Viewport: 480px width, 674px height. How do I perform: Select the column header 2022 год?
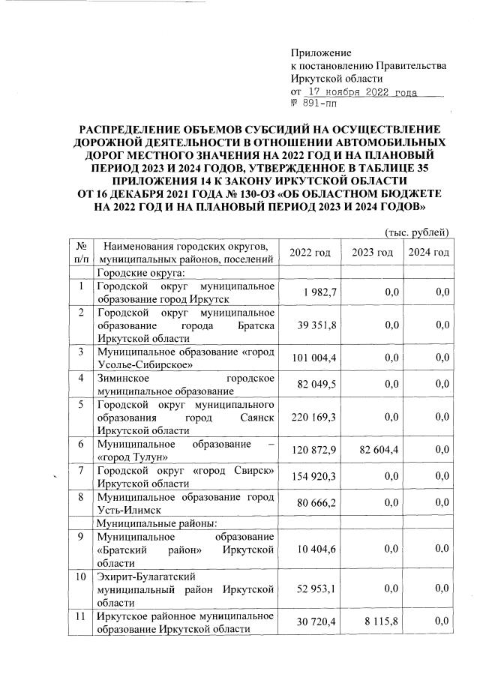click(x=310, y=253)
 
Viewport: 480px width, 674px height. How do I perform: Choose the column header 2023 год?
click(x=372, y=253)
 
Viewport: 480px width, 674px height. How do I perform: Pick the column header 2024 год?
click(x=428, y=253)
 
